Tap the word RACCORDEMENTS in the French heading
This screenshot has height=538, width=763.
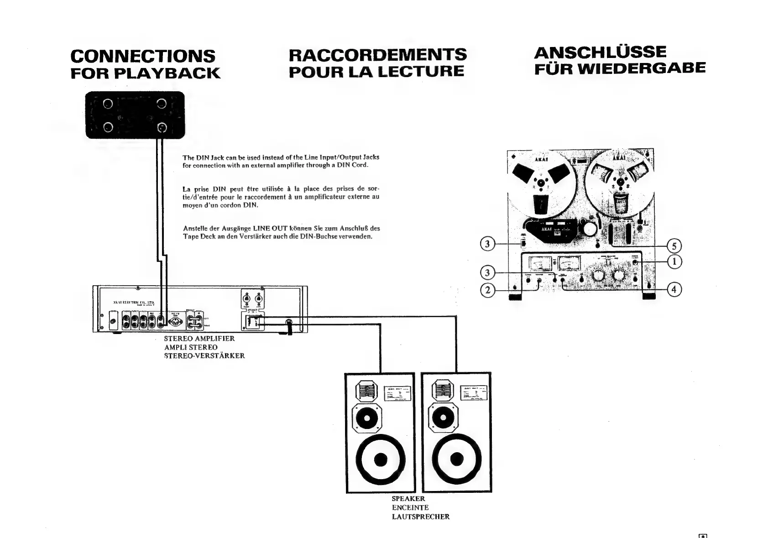(378, 54)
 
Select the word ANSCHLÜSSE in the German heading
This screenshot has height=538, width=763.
(600, 52)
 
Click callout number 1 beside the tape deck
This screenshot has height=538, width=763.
(674, 262)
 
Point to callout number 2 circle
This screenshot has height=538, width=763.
(488, 290)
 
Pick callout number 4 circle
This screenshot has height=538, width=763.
(674, 289)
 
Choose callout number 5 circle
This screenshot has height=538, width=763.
(674, 246)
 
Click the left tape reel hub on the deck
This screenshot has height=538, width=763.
(541, 184)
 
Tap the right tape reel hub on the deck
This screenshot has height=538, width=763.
(620, 183)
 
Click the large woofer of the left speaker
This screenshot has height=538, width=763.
(381, 459)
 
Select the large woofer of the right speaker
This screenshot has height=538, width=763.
(457, 459)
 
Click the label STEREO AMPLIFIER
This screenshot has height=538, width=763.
(199, 339)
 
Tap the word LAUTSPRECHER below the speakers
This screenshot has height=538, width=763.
(421, 517)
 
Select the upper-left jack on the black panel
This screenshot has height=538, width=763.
(108, 104)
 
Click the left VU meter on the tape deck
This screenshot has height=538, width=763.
(540, 263)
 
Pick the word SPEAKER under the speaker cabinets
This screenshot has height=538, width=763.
(408, 499)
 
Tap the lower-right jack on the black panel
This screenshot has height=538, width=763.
(162, 128)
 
